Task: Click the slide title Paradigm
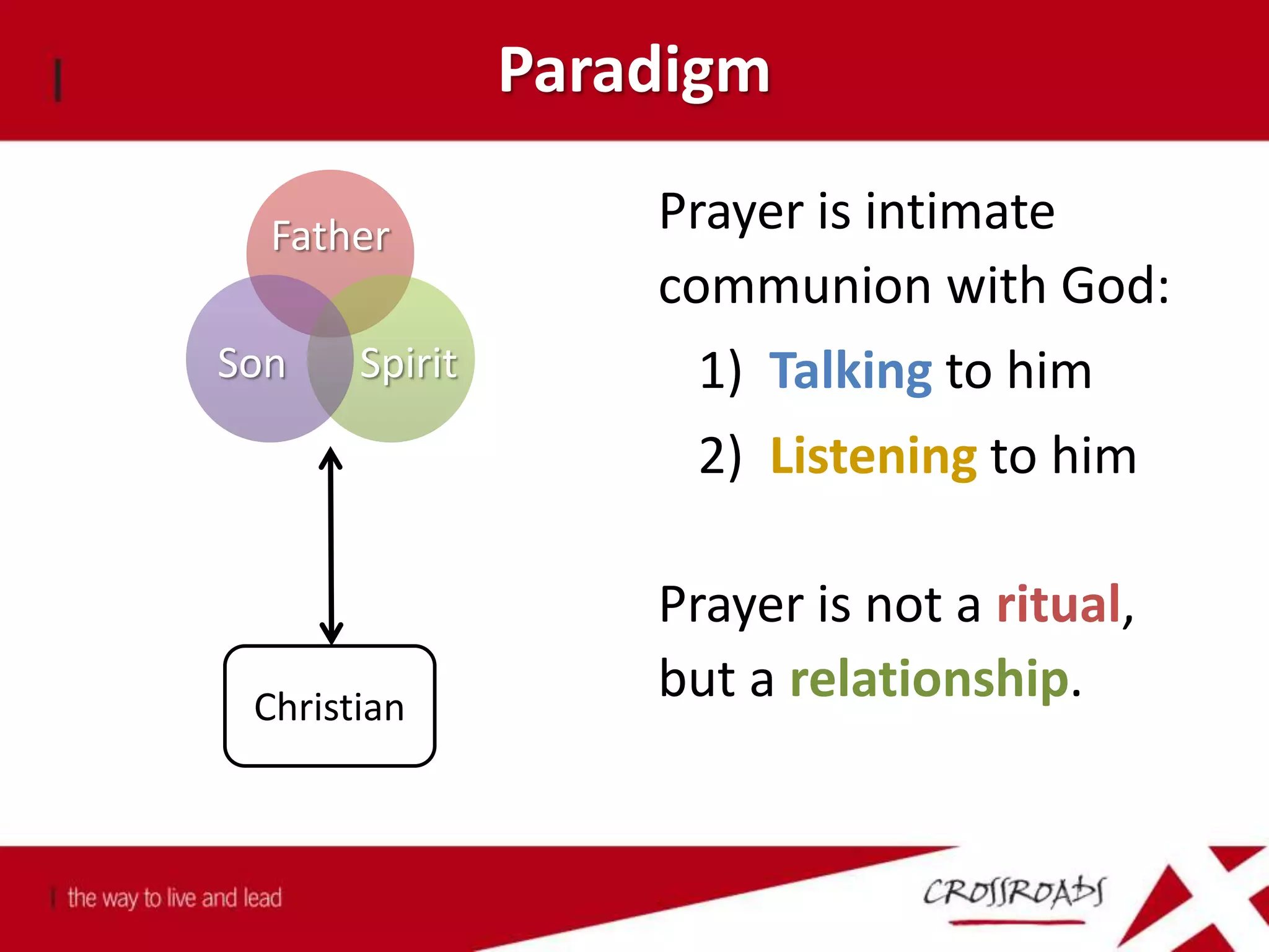pos(634,71)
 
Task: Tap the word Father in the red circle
pos(331,236)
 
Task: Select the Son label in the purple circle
pos(252,363)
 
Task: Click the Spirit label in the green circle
pos(409,363)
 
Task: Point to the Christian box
pos(330,707)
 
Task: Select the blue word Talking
pos(850,371)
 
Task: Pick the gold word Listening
pos(874,456)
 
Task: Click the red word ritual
pos(1058,604)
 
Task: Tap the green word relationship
pos(929,679)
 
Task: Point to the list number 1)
pos(720,371)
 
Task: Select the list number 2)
pos(720,456)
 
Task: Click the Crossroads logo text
pos(1014,892)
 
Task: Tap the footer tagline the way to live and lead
pos(175,898)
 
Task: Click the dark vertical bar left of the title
pos(58,79)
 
